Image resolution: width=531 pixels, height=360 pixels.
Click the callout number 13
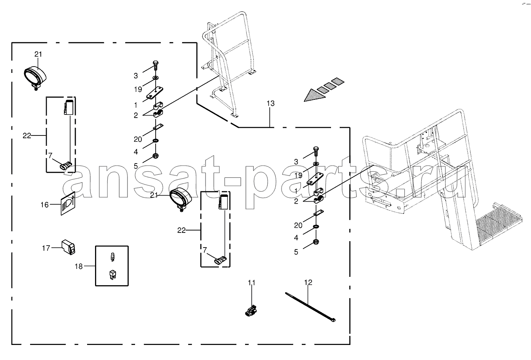point(270,103)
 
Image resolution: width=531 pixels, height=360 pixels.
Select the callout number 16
point(45,205)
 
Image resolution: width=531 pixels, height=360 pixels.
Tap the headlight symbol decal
point(68,204)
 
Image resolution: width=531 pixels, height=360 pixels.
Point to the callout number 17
point(46,248)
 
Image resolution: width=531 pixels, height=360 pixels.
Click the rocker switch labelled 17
point(68,247)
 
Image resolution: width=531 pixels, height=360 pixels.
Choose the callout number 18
point(79,267)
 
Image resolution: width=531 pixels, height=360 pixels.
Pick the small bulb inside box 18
point(112,257)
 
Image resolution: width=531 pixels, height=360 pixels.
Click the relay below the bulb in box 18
point(112,274)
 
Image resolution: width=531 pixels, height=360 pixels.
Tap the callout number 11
point(251,283)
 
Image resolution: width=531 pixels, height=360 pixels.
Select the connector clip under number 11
point(251,310)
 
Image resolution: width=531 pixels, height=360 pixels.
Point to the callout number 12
point(308,282)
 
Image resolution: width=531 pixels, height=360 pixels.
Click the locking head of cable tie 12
point(333,320)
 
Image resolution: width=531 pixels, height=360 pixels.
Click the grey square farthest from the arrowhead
point(337,81)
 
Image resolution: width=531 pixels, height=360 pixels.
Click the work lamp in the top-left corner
point(35,76)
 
